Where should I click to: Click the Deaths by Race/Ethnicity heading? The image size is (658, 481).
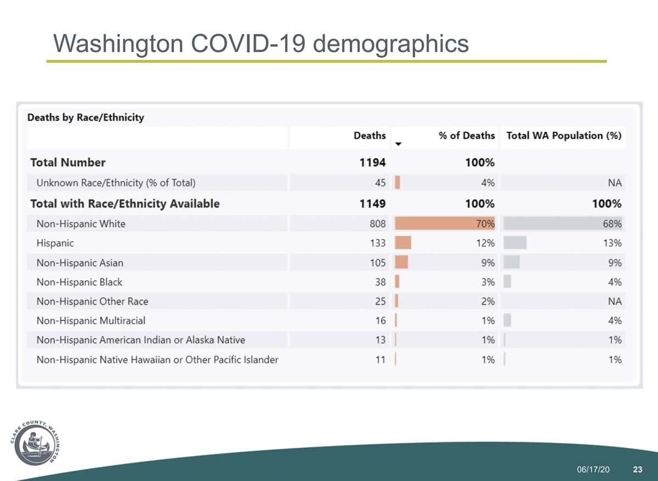click(x=86, y=117)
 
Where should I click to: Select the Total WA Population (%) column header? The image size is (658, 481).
click(x=564, y=135)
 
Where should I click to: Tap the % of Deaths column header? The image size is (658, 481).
click(x=466, y=135)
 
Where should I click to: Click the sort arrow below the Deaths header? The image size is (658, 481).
click(x=399, y=144)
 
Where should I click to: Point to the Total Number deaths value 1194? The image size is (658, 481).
click(x=373, y=162)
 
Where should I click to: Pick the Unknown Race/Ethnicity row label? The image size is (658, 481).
click(x=116, y=183)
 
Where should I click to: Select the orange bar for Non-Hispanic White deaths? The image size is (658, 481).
click(x=444, y=224)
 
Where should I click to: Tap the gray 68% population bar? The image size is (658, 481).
click(x=562, y=224)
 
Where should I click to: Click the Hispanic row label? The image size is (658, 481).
click(x=55, y=243)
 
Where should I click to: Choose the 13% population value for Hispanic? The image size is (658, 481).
click(x=614, y=243)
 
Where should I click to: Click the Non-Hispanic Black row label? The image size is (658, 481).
click(x=80, y=282)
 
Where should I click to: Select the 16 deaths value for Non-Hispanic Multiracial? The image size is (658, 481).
click(x=381, y=321)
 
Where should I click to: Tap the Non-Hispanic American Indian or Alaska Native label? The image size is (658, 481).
click(x=141, y=340)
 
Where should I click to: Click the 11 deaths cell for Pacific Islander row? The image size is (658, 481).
click(x=381, y=360)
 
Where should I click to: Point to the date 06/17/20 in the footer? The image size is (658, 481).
click(x=593, y=470)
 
